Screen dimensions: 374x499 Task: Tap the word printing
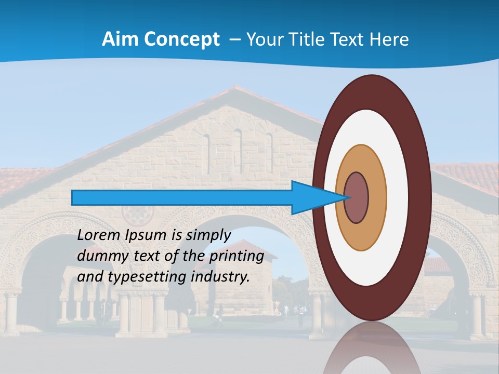[237, 256]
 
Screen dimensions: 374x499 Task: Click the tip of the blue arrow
[347, 198]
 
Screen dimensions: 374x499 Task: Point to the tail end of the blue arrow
[73, 198]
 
